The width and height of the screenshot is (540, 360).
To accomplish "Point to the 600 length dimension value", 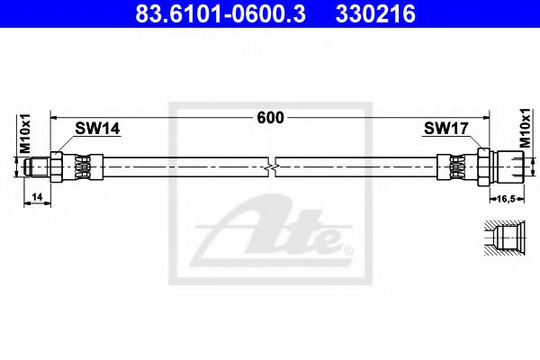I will [269, 118].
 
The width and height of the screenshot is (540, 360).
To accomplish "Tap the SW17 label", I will [445, 129].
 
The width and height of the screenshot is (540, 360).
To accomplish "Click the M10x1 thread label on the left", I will [26, 133].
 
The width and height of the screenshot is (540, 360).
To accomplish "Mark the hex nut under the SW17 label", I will [482, 166].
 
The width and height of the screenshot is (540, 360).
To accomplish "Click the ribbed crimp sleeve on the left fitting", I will [84, 166].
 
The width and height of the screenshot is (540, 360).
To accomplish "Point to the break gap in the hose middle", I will [274, 166].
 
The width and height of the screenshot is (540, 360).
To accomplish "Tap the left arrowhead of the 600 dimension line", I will [54, 118].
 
